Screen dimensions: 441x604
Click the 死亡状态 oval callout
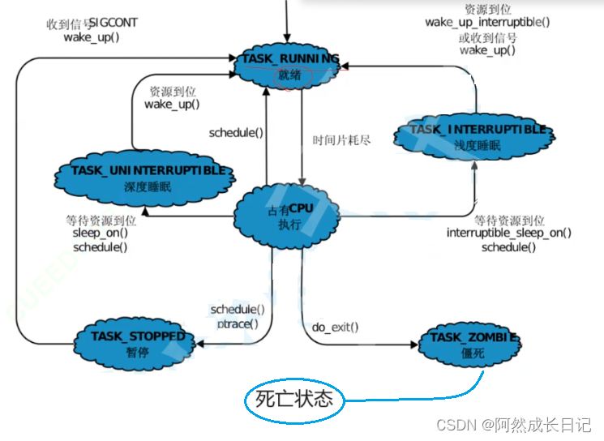(x=294, y=399)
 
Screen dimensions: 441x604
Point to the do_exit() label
(x=335, y=328)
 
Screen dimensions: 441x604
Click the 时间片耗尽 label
(x=342, y=139)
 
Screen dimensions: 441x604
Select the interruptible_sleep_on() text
(x=509, y=233)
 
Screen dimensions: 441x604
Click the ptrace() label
(x=238, y=323)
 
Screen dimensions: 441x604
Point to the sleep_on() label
(x=100, y=233)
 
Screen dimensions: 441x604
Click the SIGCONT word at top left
(x=113, y=23)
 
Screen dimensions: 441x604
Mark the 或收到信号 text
(x=487, y=36)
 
